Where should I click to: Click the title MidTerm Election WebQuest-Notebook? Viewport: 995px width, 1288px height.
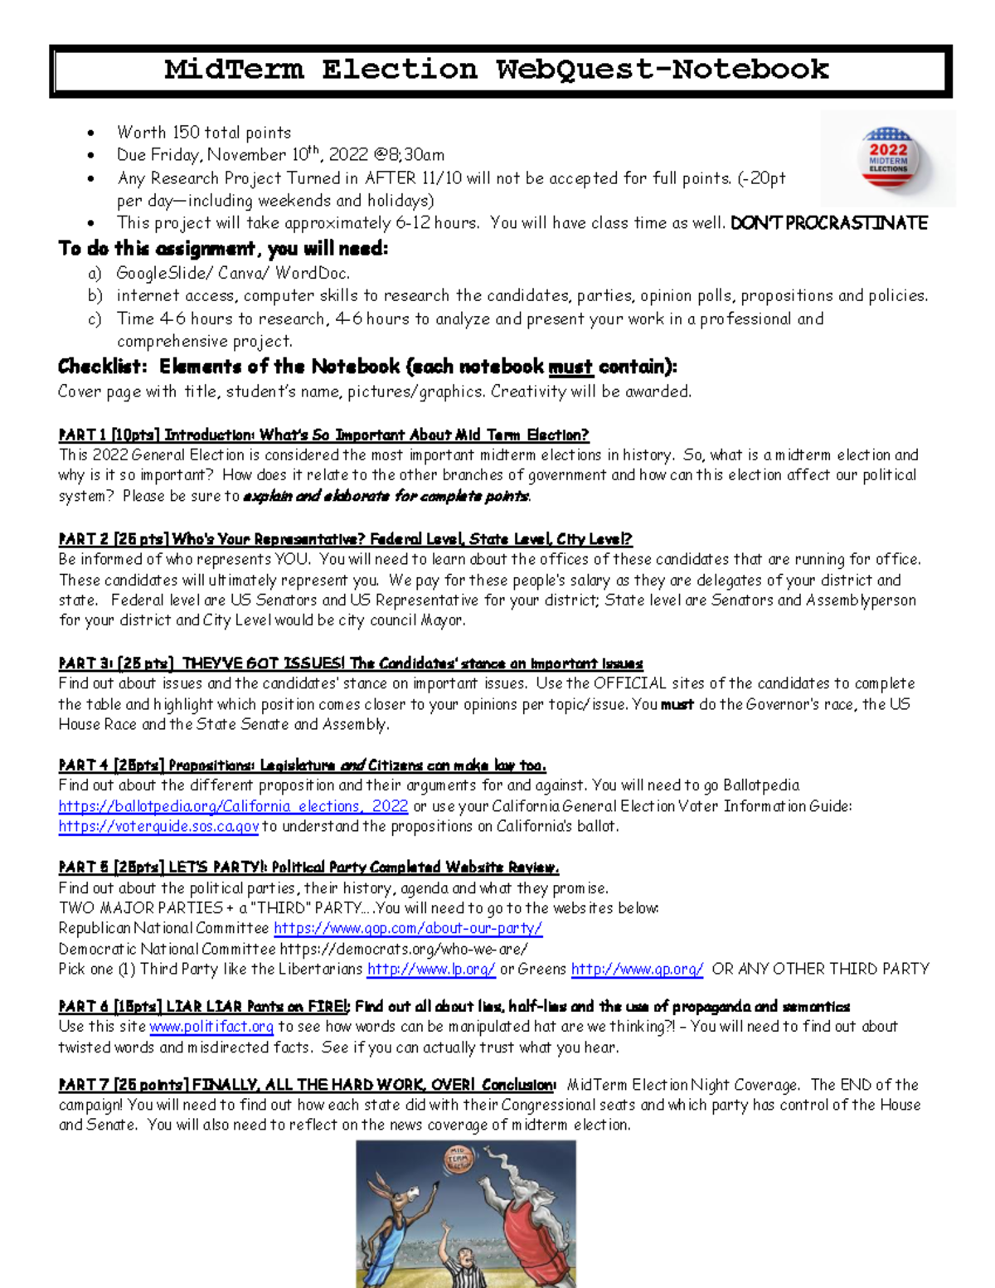coord(496,70)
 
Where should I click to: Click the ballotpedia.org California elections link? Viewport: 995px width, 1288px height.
coord(233,806)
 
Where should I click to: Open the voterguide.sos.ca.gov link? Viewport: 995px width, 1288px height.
coord(158,826)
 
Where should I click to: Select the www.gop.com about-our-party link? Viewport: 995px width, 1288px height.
coord(408,928)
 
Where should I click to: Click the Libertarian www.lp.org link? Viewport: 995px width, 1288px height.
coord(431,969)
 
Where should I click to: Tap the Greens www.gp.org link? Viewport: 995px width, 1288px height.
coord(637,969)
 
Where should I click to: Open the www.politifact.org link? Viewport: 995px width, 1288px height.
coord(211,1027)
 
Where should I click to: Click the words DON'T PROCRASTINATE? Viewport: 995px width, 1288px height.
coord(828,223)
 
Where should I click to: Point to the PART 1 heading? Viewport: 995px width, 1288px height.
coord(323,435)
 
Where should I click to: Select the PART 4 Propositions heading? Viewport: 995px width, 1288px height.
coord(302,765)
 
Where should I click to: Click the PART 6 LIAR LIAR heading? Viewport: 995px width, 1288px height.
coord(453,1006)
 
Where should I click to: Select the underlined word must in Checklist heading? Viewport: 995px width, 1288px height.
coord(570,367)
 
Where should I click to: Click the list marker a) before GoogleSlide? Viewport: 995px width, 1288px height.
coord(95,273)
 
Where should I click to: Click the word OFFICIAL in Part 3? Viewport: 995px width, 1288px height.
coord(629,683)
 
